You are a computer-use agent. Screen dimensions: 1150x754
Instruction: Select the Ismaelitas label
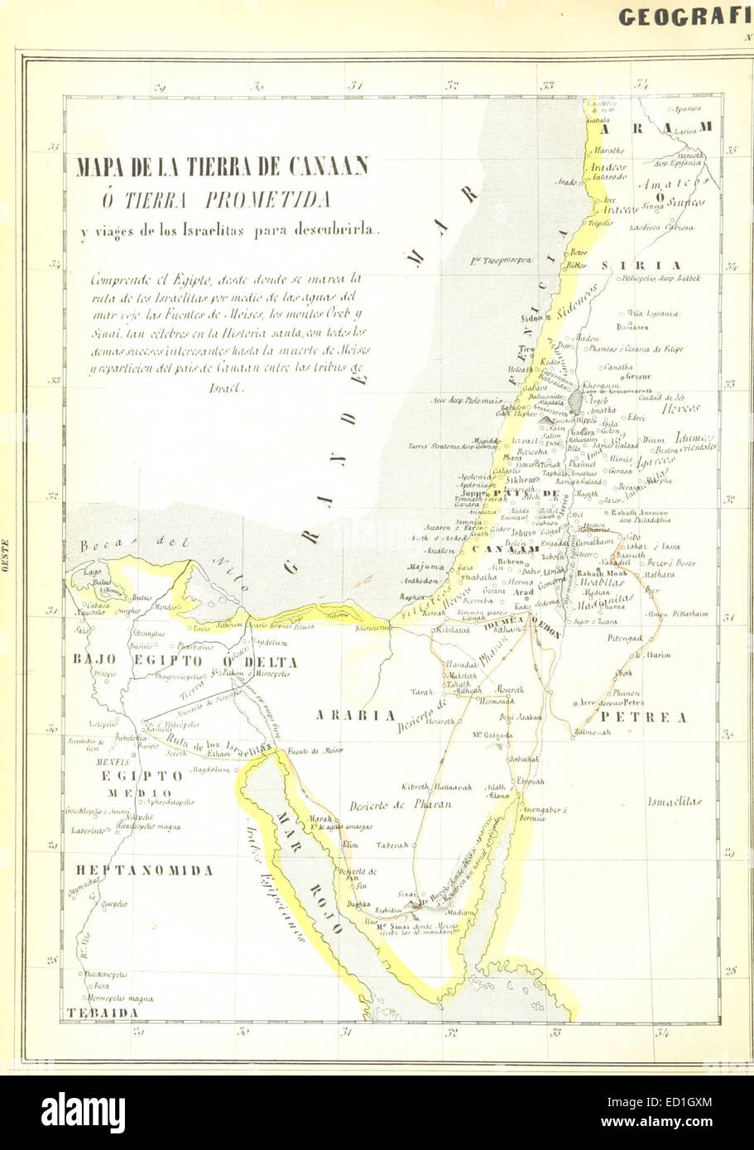click(x=675, y=801)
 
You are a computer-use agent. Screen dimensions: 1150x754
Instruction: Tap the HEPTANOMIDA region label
click(x=146, y=870)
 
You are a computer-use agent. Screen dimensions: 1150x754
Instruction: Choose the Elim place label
click(x=350, y=845)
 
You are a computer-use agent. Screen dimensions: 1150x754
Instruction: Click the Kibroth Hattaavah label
click(x=436, y=788)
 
